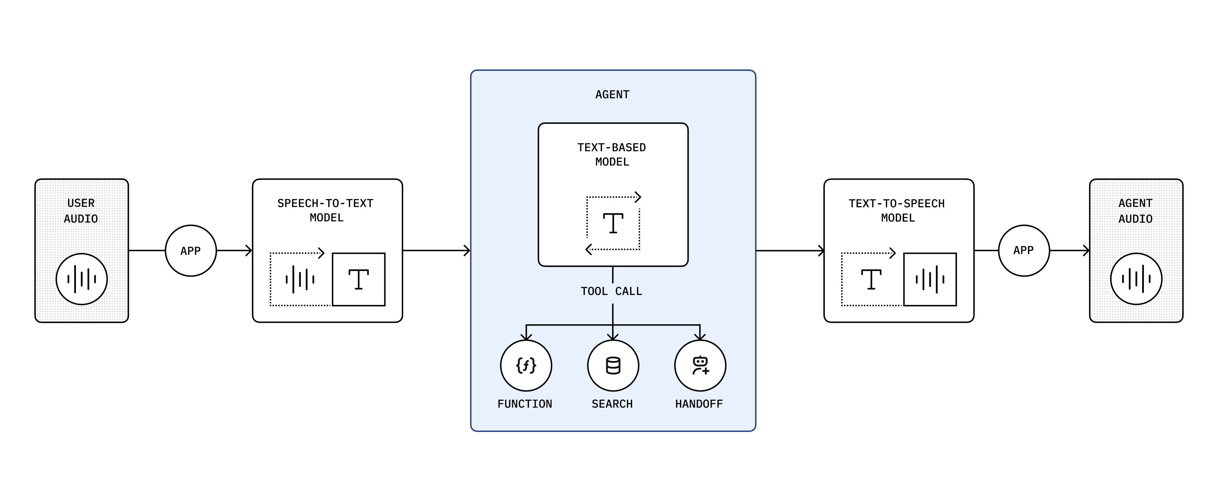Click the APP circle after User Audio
(191, 250)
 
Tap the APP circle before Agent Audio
(1024, 250)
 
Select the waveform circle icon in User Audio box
(81, 279)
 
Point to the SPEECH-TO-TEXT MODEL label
(326, 210)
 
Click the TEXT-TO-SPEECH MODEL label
(897, 211)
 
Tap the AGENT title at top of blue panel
(612, 94)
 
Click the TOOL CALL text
(611, 291)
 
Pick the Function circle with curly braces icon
(526, 365)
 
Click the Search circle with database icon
(613, 365)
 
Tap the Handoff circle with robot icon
(700, 365)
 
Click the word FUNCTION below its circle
(525, 404)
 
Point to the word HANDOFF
(699, 404)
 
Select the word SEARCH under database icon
(612, 404)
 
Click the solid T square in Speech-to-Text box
(358, 279)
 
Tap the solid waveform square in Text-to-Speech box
(930, 279)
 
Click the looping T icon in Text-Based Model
(613, 223)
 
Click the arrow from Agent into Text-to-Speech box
(790, 250)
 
